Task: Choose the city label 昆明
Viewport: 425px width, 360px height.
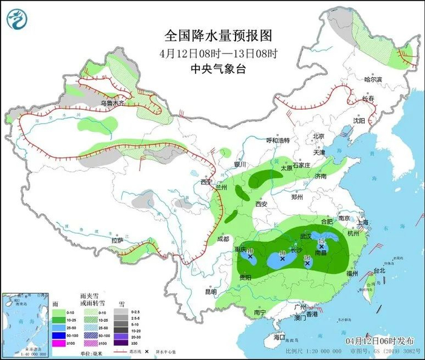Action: (210, 291)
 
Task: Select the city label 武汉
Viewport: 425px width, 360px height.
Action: (305, 236)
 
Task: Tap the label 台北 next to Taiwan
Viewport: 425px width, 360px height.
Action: (379, 271)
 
